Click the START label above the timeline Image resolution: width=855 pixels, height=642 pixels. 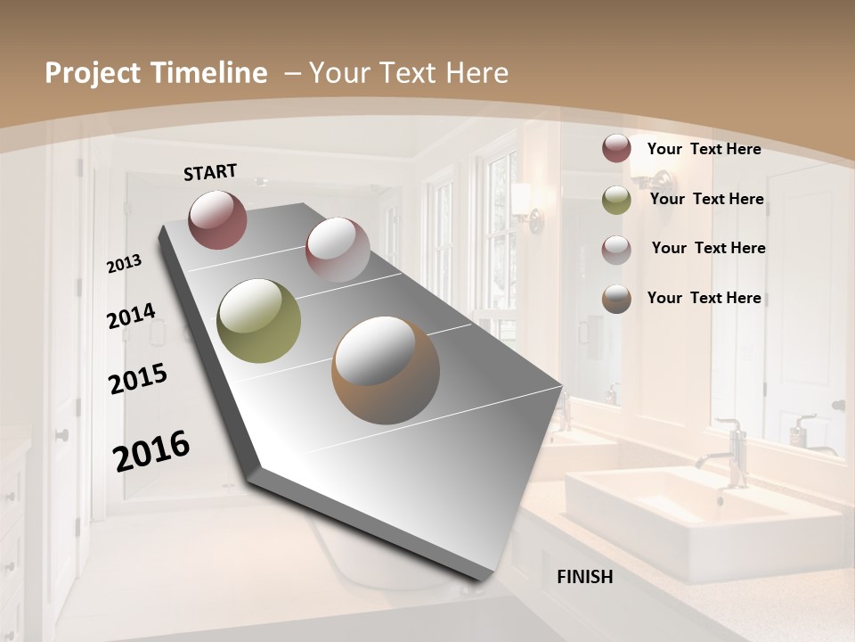(210, 172)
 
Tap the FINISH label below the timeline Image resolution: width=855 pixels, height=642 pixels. (584, 577)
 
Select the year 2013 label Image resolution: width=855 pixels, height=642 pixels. (124, 264)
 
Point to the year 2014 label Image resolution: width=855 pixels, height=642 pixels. (131, 317)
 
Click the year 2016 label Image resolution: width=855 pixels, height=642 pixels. (151, 450)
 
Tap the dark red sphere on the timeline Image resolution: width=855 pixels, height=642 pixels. (217, 219)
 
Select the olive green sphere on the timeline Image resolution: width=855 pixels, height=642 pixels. (258, 321)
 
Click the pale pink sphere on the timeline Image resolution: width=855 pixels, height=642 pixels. (338, 250)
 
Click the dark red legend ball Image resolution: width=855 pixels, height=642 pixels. (616, 149)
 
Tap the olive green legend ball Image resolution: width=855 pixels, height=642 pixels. (616, 200)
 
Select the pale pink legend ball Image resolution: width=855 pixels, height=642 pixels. (616, 249)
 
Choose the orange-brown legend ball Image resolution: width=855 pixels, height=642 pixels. (616, 299)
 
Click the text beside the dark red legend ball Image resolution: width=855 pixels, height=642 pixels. (704, 149)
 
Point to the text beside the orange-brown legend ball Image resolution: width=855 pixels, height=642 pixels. (704, 298)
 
